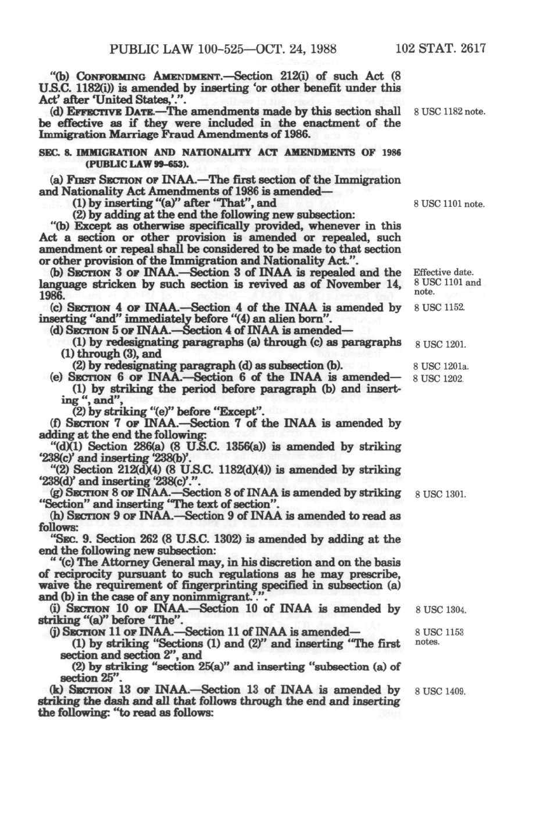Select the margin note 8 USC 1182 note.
coord(449,112)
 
